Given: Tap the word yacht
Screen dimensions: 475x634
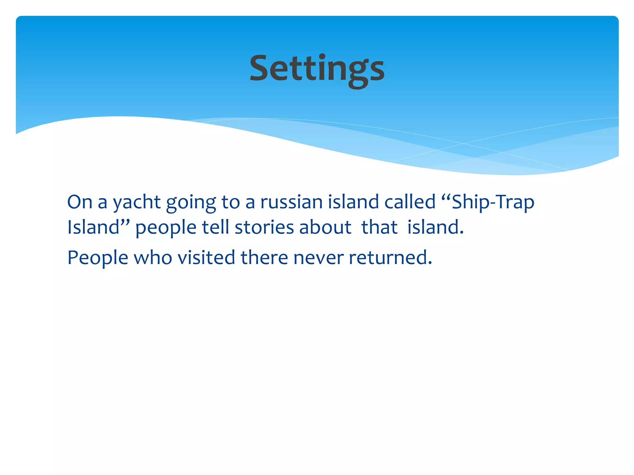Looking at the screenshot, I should coord(137,203).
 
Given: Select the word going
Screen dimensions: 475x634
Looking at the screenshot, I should coord(191,203).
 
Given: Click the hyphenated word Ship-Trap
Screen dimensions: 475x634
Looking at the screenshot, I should coord(493,202).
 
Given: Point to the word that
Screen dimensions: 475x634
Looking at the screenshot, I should coord(379,227).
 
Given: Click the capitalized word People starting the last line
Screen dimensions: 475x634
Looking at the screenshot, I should coord(98,258).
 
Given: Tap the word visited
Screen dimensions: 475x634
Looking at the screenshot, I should coord(206,257).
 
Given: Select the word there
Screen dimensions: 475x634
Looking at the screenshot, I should coord(264,257).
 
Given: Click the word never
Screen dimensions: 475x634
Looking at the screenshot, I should coord(318,258).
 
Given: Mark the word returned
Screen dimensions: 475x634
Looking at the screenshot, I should coord(390,257).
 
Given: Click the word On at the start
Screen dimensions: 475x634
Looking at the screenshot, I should coord(80,202).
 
